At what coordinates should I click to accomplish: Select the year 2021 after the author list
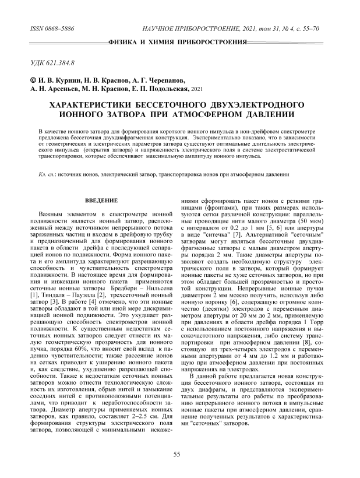coord(198,89)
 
